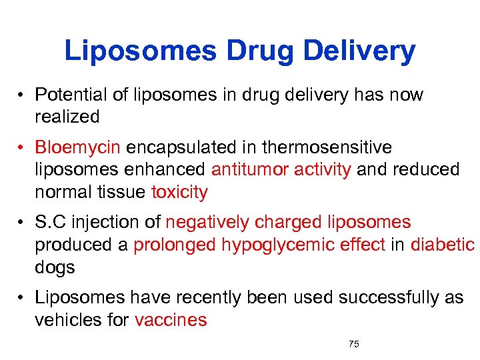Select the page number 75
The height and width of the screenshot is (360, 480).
(x=354, y=344)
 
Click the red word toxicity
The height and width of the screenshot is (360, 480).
(x=179, y=193)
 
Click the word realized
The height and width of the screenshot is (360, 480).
(x=67, y=117)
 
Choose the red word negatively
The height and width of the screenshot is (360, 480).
(x=207, y=222)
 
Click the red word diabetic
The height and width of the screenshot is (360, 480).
(x=443, y=245)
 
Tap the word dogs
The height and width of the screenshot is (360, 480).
(x=55, y=267)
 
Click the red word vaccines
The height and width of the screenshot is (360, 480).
(x=171, y=320)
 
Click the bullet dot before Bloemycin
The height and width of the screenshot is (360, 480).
(x=22, y=147)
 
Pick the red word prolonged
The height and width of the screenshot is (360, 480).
(x=175, y=245)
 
